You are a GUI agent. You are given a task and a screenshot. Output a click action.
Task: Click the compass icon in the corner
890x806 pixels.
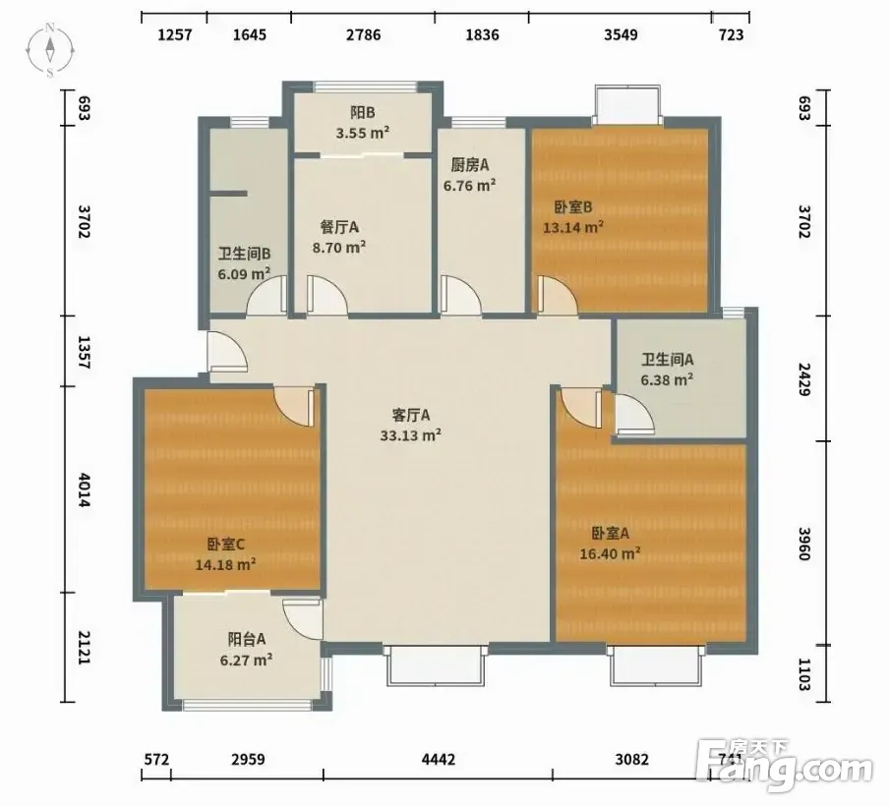[50, 50]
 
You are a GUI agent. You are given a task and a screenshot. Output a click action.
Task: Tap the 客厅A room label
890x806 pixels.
[411, 415]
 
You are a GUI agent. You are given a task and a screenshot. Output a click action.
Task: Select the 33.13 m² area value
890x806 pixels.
[411, 435]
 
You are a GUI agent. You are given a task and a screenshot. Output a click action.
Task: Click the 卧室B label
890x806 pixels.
[572, 207]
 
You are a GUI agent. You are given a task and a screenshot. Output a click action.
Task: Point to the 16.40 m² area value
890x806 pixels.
[610, 553]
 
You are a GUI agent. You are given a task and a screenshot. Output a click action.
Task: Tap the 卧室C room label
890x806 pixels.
[225, 545]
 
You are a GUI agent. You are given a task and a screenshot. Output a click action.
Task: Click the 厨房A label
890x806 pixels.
[469, 165]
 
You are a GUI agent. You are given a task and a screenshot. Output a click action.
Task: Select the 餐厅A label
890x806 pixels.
[339, 227]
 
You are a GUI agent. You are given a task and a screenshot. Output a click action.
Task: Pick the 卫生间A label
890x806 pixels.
[667, 360]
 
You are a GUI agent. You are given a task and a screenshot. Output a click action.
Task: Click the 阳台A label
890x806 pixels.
[246, 639]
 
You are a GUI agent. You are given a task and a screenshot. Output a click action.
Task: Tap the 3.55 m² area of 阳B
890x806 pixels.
[362, 134]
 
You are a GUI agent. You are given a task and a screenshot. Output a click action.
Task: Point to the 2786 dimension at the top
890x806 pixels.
[363, 34]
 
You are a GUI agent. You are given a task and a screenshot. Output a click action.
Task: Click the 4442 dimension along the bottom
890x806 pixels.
[439, 759]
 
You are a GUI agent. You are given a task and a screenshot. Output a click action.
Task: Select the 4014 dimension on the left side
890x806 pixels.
[83, 489]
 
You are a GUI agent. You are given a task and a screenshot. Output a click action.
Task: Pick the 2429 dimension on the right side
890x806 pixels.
[804, 378]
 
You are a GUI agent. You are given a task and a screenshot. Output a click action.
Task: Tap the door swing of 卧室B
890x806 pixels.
[558, 294]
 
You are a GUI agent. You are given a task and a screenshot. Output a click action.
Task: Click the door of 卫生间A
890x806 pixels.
[634, 415]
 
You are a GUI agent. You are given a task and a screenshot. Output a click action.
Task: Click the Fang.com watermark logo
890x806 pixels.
[786, 765]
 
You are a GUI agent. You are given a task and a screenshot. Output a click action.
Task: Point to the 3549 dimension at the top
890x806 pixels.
[621, 34]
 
